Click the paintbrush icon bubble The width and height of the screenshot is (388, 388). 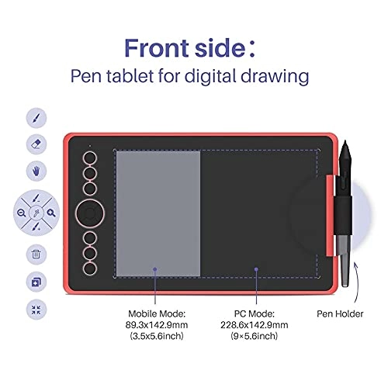click(x=36, y=118)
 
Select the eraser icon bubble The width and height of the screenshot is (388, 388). click(x=36, y=144)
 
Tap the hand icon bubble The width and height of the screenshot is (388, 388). click(x=36, y=171)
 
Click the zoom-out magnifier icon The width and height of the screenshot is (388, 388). click(x=22, y=213)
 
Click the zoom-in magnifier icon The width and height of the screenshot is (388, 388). click(x=51, y=213)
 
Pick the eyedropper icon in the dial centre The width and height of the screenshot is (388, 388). click(x=36, y=213)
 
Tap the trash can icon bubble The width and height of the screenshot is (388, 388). click(x=36, y=255)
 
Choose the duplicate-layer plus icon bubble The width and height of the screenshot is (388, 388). click(x=36, y=282)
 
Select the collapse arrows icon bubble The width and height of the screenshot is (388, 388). click(x=36, y=310)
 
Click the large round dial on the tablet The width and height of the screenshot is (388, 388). click(x=90, y=213)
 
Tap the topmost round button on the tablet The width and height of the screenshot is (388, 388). click(x=90, y=158)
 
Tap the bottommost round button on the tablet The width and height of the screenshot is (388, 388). click(x=90, y=268)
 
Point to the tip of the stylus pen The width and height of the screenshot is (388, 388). click(x=345, y=141)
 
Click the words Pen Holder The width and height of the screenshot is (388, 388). click(x=340, y=314)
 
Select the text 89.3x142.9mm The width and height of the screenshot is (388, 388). click(x=157, y=324)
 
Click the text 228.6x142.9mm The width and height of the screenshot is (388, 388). click(x=255, y=324)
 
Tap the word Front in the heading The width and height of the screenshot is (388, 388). click(x=156, y=48)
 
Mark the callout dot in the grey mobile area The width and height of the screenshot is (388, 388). click(x=155, y=269)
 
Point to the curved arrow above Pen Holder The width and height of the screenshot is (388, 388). click(x=358, y=282)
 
